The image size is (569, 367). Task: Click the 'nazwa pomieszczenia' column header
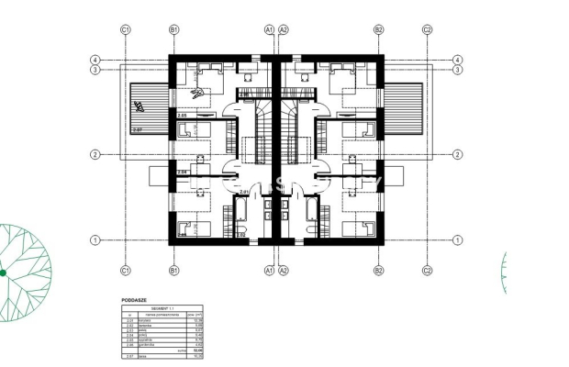coord(162,314)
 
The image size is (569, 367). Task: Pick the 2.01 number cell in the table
coord(129,320)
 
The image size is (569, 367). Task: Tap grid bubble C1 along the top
coord(126,29)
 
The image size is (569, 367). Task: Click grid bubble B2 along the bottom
coord(378,271)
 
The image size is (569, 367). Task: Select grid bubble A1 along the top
coord(269,29)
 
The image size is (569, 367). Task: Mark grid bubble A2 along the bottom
coord(284,271)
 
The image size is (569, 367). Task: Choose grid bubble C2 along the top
coord(428,29)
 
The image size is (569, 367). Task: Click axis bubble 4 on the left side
coord(95,61)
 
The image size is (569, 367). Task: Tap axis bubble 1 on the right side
coord(457,240)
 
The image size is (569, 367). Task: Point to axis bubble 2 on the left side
coord(95,154)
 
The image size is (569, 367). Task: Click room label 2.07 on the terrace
coord(139,130)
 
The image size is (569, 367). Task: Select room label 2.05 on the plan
coord(183,117)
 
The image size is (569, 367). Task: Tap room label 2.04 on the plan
coord(182,172)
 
